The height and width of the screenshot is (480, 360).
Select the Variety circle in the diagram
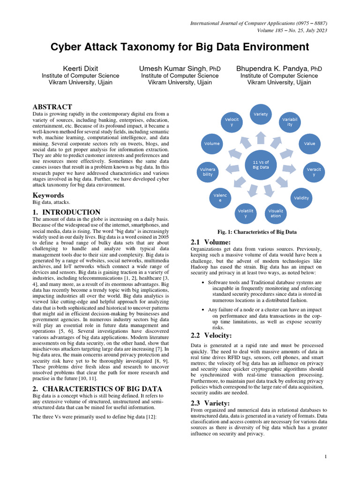(x=261, y=114)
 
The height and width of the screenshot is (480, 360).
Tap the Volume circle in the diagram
(x=211, y=143)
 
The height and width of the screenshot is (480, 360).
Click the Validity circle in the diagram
(x=301, y=197)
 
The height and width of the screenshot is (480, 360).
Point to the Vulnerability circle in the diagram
(x=208, y=171)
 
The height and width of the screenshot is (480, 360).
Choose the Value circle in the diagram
(x=309, y=143)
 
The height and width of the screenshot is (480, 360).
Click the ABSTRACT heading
(x=52, y=107)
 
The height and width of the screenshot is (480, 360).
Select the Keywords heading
(x=48, y=195)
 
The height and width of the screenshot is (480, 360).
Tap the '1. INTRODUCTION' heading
(x=66, y=212)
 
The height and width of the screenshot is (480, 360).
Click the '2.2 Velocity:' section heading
(x=210, y=335)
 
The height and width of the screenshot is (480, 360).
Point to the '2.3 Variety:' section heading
(x=210, y=403)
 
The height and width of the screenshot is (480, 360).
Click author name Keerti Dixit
(x=81, y=68)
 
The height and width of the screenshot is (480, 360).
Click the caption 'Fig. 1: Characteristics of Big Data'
(x=257, y=232)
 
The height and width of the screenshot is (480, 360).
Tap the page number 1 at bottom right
(x=325, y=457)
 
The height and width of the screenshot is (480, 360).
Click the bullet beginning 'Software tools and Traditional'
(x=264, y=283)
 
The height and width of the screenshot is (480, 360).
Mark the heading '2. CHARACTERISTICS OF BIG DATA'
(x=97, y=389)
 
